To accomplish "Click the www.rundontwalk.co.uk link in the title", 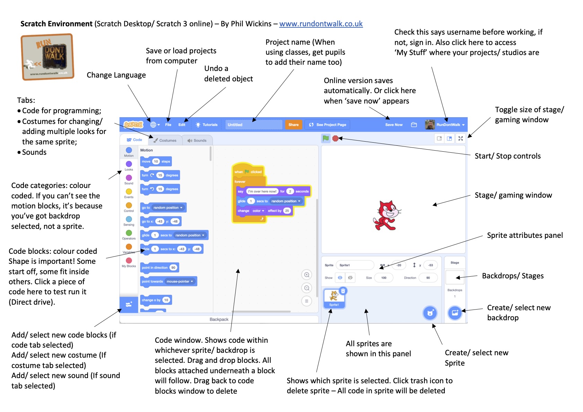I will pos(321,24).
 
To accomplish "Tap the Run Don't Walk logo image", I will pos(47,57).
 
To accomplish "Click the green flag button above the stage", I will pos(326,138).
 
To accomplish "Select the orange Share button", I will pos(293,125).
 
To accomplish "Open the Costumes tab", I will pos(165,140).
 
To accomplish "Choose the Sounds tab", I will pos(197,140).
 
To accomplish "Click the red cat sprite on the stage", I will pos(387,215).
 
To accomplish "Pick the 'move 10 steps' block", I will pos(156,161).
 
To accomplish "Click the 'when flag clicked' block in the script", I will pos(248,171).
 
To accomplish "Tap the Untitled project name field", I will pos(253,125).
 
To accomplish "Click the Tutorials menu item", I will pos(207,125).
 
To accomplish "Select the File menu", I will pos(168,125).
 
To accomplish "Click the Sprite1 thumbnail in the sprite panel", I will pos(334,298).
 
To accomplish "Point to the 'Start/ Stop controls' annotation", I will pos(507,156).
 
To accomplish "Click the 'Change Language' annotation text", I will pos(116,75).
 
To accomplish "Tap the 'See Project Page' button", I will pos(327,125).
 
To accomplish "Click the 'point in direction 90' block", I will pos(159,268).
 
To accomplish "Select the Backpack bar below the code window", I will pos(219,319).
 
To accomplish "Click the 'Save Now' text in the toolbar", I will pos(394,125).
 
